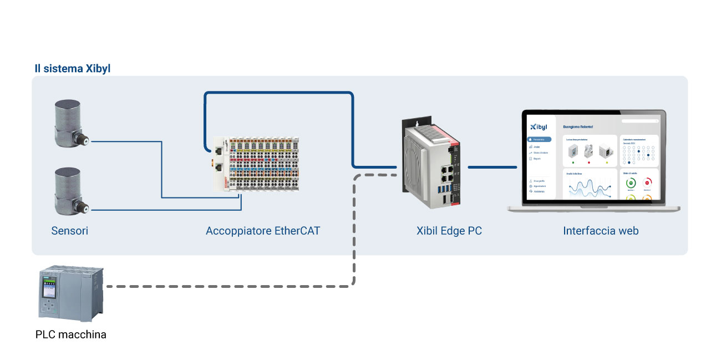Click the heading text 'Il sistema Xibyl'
72,69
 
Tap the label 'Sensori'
69,231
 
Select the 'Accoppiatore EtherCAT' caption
263,231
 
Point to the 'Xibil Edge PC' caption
449,231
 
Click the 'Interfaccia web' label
601,231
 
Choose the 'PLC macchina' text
70,334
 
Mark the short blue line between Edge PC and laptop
489,166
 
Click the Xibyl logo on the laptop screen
539,126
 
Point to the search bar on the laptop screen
640,120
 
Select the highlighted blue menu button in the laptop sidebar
539,139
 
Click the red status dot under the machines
588,163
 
